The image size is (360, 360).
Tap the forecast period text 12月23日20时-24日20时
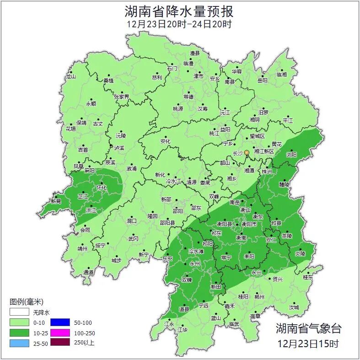point(179,24)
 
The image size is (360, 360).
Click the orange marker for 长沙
point(247,152)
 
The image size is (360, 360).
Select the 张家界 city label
point(122,97)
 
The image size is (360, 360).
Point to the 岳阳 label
point(262,81)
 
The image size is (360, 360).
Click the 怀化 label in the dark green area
point(102,188)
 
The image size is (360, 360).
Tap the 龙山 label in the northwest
point(70,77)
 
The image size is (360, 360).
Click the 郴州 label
point(259,297)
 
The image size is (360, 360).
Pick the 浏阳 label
point(291,155)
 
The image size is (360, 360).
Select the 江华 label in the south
point(182,329)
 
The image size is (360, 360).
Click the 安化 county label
point(165,141)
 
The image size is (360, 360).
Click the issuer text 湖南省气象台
point(308,328)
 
